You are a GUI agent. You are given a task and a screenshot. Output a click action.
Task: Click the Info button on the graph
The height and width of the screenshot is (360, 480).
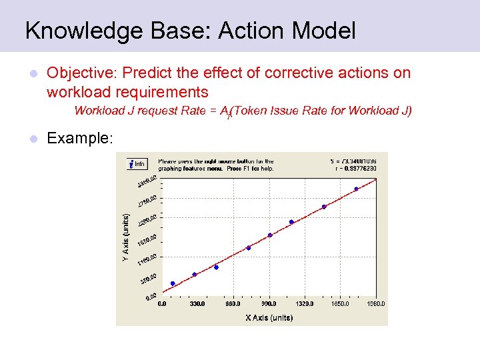point(137,164)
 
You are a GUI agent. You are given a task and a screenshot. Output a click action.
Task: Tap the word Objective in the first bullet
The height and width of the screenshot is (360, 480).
point(73,73)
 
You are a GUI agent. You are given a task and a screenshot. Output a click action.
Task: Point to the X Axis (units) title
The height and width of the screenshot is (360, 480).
point(269,317)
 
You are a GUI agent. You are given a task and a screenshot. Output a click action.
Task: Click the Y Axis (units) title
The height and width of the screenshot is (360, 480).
point(126,237)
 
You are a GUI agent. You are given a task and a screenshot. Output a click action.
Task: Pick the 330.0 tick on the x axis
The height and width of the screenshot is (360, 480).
point(197,304)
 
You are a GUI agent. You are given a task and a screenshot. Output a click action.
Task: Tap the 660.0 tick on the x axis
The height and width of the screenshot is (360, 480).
point(233,304)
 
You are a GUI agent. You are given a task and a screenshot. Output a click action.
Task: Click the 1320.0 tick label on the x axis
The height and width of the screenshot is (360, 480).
point(304,304)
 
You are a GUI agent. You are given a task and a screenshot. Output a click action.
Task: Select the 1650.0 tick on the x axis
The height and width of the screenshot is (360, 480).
point(340,304)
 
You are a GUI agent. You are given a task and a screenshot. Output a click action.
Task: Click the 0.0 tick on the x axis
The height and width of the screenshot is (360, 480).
point(162,304)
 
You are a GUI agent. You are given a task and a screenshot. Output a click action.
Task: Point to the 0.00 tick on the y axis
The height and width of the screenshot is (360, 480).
point(151,296)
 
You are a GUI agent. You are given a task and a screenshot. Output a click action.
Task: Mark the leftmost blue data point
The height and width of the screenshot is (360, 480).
point(173,283)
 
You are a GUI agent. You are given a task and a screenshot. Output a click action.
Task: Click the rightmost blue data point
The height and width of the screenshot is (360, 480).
point(356,189)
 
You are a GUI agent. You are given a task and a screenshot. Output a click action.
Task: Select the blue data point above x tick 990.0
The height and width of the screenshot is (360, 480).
point(270,235)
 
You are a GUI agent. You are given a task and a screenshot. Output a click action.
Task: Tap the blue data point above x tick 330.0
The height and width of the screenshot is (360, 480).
point(195,274)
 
